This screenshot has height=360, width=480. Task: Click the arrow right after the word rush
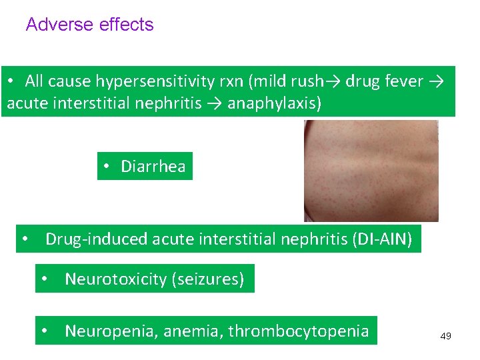(333, 81)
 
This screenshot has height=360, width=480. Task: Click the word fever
(404, 81)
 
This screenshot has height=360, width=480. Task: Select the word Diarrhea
(153, 166)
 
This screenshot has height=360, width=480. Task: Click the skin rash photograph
(371, 171)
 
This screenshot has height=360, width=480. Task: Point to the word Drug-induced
(97, 239)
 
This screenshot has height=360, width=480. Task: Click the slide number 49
(445, 336)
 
